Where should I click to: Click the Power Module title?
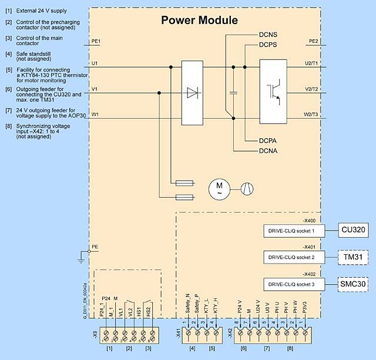click(x=200, y=20)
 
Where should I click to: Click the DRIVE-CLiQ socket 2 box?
click(x=293, y=257)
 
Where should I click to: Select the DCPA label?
click(x=268, y=141)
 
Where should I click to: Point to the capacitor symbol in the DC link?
click(x=234, y=92)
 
